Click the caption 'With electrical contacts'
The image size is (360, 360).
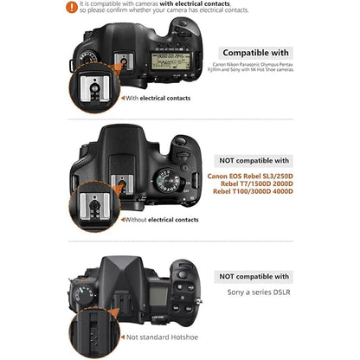[x=159, y=98]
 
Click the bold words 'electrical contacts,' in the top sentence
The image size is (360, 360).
[x=202, y=3]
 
